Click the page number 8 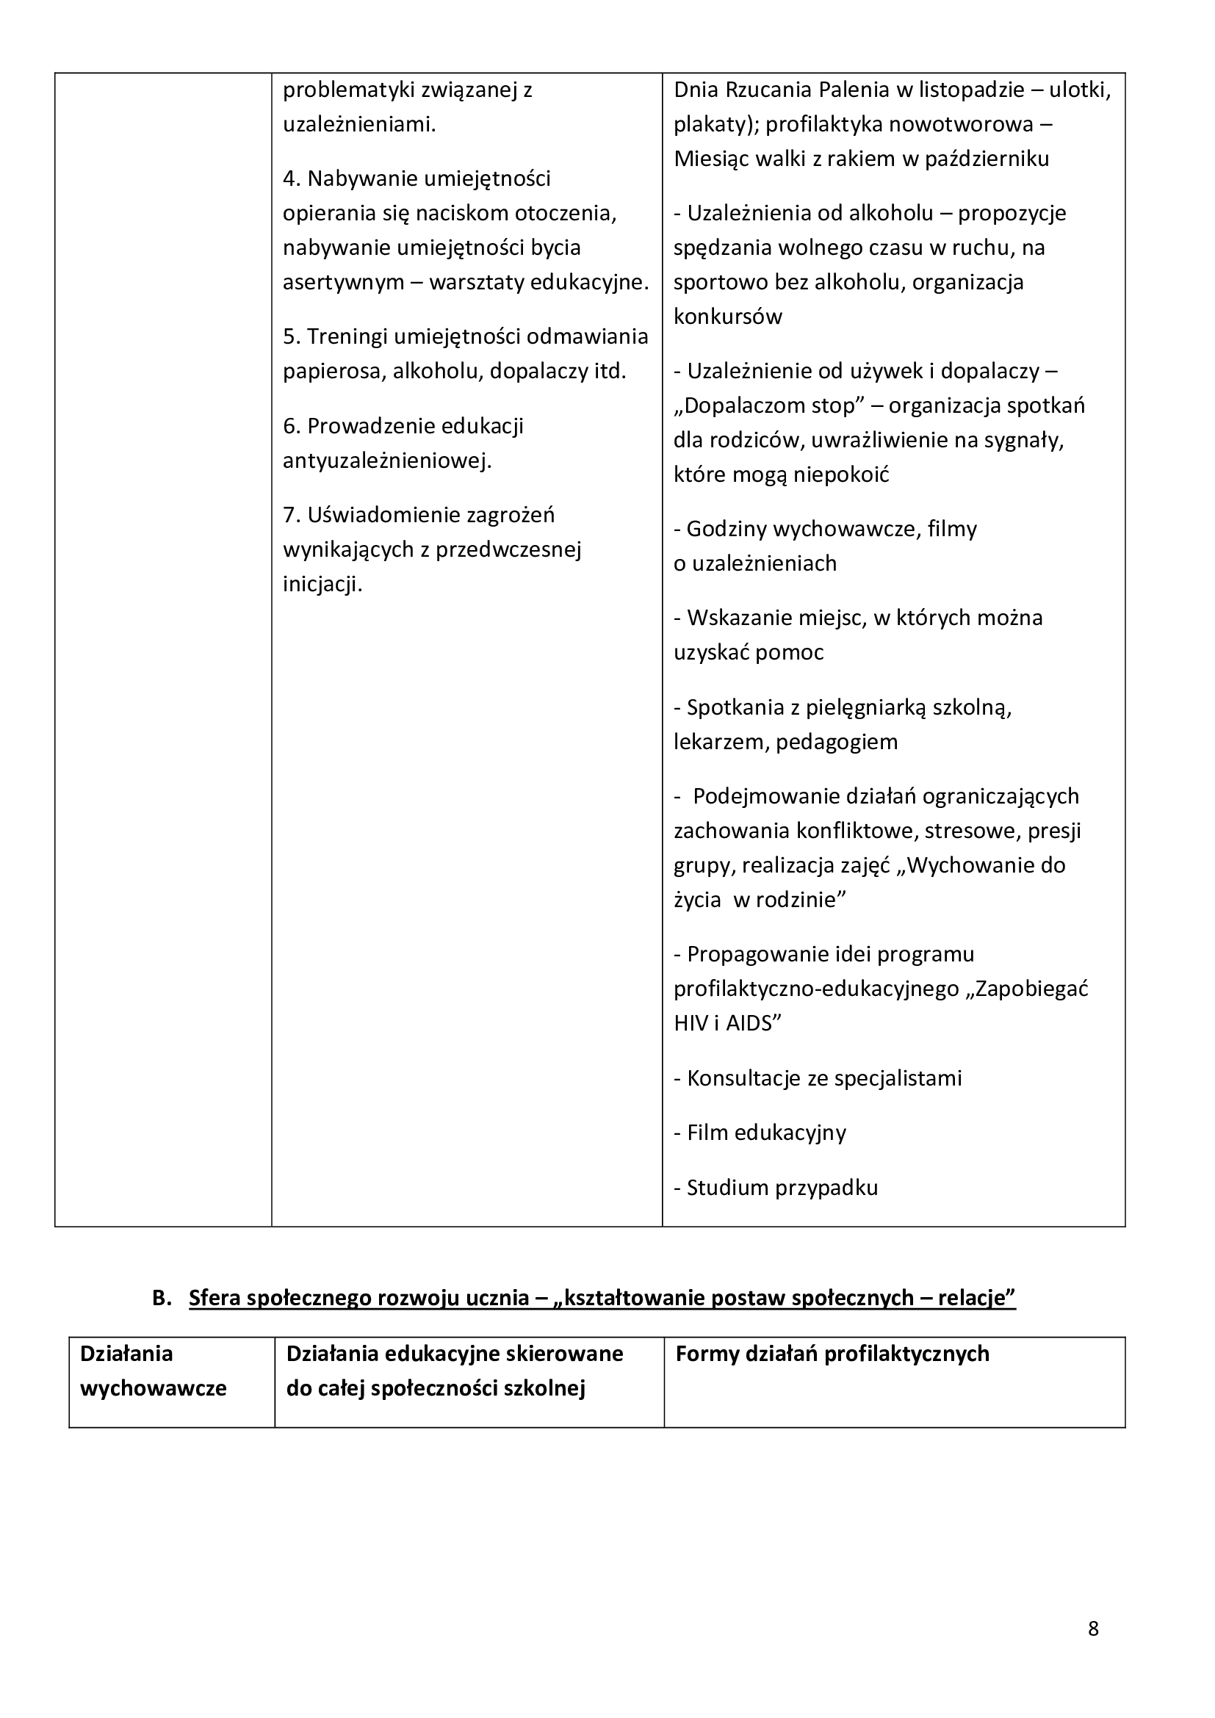[1093, 1628]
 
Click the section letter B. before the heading [162, 1298]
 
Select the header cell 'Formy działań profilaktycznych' [832, 1354]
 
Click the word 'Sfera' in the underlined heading [214, 1298]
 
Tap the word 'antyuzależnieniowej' [387, 461]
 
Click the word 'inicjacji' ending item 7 [322, 584]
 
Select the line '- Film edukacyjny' [760, 1132]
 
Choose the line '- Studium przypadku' [775, 1188]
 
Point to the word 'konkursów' [727, 317]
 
